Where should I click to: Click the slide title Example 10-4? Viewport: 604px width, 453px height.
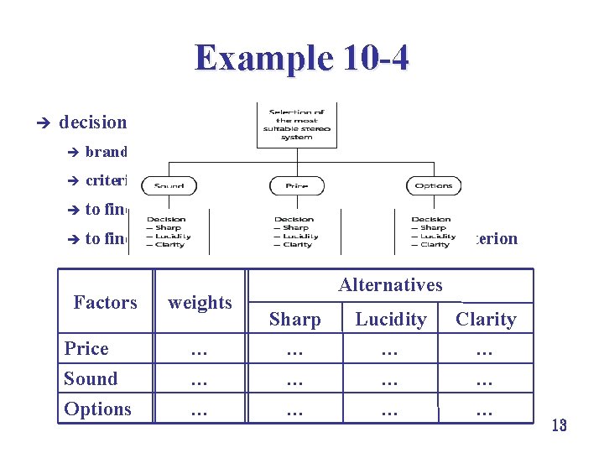click(x=301, y=58)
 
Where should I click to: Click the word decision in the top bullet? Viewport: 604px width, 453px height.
click(x=92, y=122)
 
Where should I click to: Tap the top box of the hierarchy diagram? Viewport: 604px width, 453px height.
click(x=296, y=124)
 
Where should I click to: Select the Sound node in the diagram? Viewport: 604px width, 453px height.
click(x=169, y=185)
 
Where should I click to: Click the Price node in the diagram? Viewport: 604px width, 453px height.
click(x=296, y=185)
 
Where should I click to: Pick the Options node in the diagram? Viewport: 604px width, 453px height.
click(x=433, y=185)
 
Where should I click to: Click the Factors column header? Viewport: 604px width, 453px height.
click(x=105, y=302)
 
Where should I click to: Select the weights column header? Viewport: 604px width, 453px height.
click(x=200, y=302)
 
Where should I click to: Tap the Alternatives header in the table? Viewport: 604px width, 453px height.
click(x=390, y=285)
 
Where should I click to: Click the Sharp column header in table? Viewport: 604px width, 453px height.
click(x=294, y=320)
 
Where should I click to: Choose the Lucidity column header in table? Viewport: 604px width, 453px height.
click(x=390, y=320)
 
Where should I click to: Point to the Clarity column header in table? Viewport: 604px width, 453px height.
click(x=485, y=320)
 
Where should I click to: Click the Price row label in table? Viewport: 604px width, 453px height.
click(x=86, y=348)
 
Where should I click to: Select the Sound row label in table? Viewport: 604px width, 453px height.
click(x=91, y=378)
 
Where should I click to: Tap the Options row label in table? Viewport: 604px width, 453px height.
click(x=97, y=409)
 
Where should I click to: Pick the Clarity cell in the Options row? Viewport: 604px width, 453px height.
click(x=485, y=410)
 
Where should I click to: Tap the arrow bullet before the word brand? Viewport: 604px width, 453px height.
click(x=72, y=153)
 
